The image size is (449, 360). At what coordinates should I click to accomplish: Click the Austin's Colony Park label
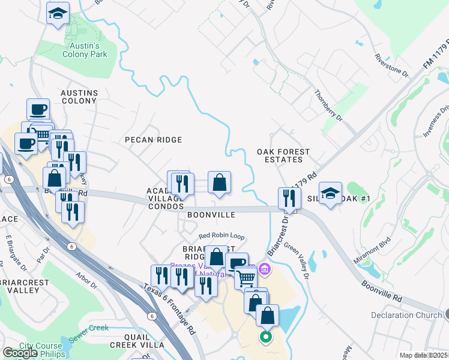pyautogui.click(x=84, y=49)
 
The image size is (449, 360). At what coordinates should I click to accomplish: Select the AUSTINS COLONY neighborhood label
pyautogui.click(x=79, y=97)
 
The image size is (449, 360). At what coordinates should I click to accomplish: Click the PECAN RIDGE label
pyautogui.click(x=153, y=140)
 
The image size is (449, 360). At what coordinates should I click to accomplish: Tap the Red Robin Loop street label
pyautogui.click(x=221, y=236)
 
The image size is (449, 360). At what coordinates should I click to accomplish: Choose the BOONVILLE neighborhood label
pyautogui.click(x=210, y=214)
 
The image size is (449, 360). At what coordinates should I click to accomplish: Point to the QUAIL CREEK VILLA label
pyautogui.click(x=137, y=345)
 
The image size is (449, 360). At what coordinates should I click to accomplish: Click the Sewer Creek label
pyautogui.click(x=89, y=329)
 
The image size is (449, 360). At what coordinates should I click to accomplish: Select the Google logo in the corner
pyautogui.click(x=20, y=353)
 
